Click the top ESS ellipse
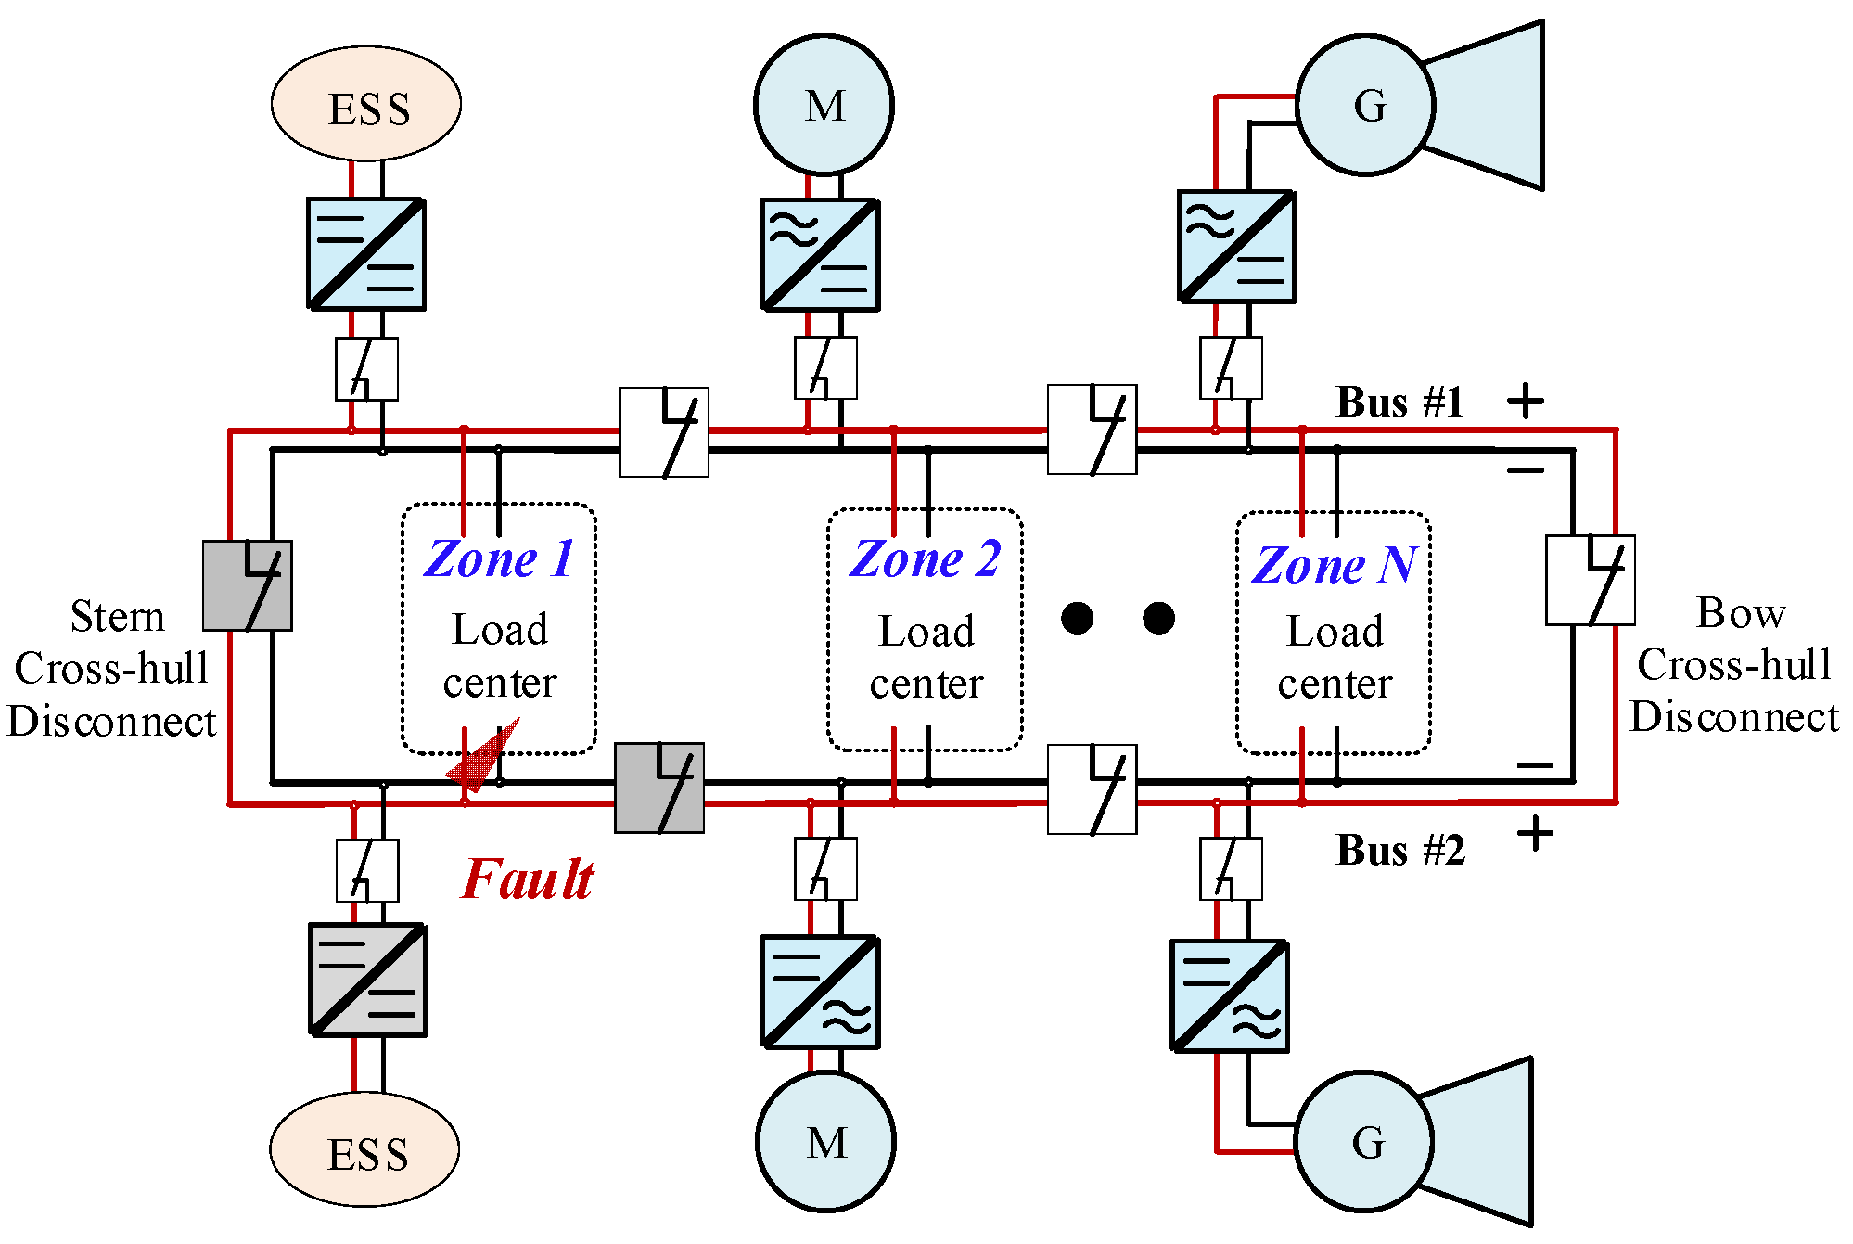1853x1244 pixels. point(366,104)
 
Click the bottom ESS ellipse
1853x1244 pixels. point(364,1149)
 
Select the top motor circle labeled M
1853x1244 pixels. point(824,105)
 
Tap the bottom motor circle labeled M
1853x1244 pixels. point(825,1142)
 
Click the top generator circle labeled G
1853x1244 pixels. point(1365,105)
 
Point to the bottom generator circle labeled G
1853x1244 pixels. point(1363,1142)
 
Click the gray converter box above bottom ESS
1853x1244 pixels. point(367,980)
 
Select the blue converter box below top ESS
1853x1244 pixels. point(366,253)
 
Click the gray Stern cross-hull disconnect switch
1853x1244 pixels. point(248,586)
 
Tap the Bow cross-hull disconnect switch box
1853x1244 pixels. point(1590,581)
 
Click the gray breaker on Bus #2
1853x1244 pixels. point(659,788)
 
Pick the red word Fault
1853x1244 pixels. point(527,879)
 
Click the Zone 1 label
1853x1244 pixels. point(499,559)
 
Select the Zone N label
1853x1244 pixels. point(1334,565)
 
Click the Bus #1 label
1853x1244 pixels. point(1399,403)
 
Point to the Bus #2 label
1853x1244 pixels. point(1399,850)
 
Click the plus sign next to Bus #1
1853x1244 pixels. point(1525,402)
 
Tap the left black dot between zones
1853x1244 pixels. point(1077,618)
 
